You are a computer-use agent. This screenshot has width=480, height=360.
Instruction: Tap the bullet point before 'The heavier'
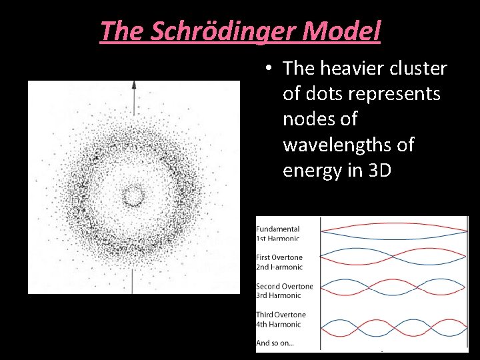[x=267, y=68]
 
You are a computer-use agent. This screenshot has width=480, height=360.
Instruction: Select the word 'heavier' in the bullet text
[x=352, y=68]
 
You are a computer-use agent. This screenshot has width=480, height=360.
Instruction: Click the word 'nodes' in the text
[x=311, y=119]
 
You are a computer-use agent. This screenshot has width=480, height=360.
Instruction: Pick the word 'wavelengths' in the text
[x=344, y=145]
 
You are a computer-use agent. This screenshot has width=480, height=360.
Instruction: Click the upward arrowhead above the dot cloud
[x=134, y=85]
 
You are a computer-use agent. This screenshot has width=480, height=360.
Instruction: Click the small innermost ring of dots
[x=133, y=196]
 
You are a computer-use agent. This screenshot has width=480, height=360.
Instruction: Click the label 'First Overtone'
[x=280, y=257]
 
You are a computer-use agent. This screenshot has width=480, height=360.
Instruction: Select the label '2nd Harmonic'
[x=280, y=267]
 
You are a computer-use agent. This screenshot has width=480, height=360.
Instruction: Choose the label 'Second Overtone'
[x=285, y=287]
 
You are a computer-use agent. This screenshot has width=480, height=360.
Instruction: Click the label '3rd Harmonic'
[x=280, y=296]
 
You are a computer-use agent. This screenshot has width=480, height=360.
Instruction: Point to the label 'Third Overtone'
[x=282, y=315]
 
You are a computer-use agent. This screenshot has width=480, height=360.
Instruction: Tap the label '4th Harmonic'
[x=279, y=324]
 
